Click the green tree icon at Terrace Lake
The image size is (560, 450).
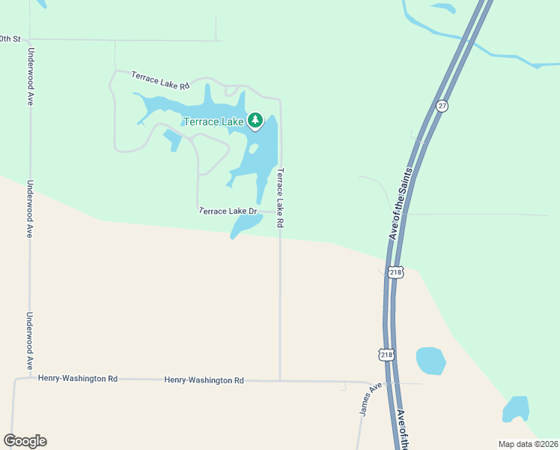tap(255, 120)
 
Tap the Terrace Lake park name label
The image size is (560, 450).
tap(213, 121)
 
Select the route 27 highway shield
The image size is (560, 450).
tap(442, 106)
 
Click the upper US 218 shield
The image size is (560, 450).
tap(396, 272)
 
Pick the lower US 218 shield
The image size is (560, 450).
tap(386, 354)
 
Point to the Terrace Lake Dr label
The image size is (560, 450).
tap(228, 211)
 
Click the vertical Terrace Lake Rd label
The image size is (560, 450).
tap(280, 198)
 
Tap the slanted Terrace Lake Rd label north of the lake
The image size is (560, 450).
tap(159, 81)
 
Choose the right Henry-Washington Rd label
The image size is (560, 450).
tap(204, 380)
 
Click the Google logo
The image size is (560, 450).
tap(25, 441)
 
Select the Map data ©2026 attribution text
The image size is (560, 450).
tap(528, 444)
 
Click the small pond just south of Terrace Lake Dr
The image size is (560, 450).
tap(245, 225)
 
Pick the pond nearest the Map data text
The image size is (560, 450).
tap(516, 409)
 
